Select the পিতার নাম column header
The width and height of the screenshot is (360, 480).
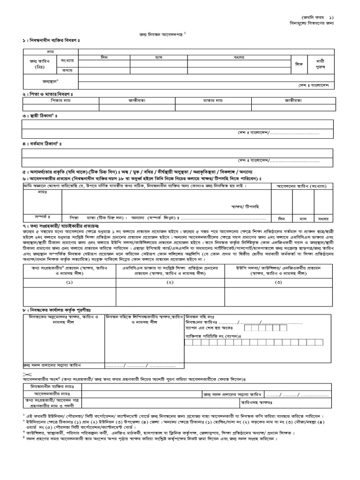tap(60, 100)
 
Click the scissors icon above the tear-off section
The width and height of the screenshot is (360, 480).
tap(25, 373)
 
